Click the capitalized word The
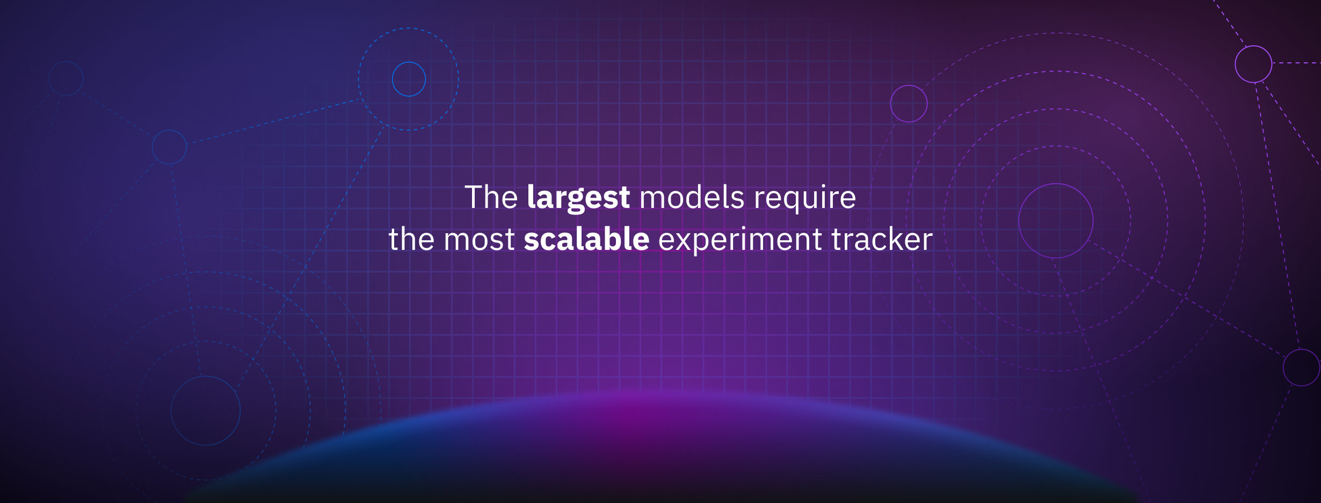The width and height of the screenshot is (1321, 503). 491,197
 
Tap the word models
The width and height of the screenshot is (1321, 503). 692,197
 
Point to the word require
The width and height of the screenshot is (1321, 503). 805,199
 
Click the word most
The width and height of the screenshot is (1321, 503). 479,240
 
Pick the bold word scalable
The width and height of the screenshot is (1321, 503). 586,239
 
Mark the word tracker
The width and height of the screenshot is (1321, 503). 882,239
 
